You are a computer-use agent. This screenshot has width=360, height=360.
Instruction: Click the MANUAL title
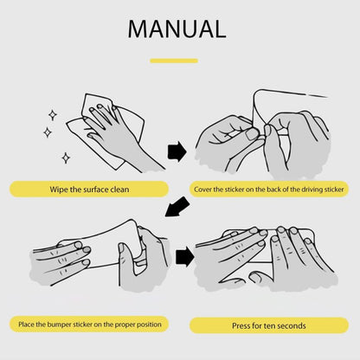tap(177, 29)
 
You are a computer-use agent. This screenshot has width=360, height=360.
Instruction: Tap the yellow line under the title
tap(174, 61)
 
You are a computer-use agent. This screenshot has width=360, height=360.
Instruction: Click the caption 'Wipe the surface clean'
tap(89, 190)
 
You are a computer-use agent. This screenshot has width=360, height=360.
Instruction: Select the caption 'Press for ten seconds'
tap(269, 325)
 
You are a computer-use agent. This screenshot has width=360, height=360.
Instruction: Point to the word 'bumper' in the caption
tap(60, 325)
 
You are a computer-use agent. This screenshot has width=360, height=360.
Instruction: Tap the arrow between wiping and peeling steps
tap(177, 151)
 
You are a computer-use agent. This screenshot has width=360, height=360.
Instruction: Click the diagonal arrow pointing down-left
tap(177, 207)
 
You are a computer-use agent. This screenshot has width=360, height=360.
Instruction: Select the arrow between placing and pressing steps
tap(185, 257)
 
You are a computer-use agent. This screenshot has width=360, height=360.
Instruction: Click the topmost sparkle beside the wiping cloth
tap(53, 115)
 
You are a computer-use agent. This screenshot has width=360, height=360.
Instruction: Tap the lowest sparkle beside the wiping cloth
tap(66, 157)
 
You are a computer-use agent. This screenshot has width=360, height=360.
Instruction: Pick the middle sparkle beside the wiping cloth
tap(48, 132)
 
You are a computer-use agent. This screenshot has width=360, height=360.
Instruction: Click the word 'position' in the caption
tap(149, 325)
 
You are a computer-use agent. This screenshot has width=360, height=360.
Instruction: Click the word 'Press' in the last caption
tap(241, 325)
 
